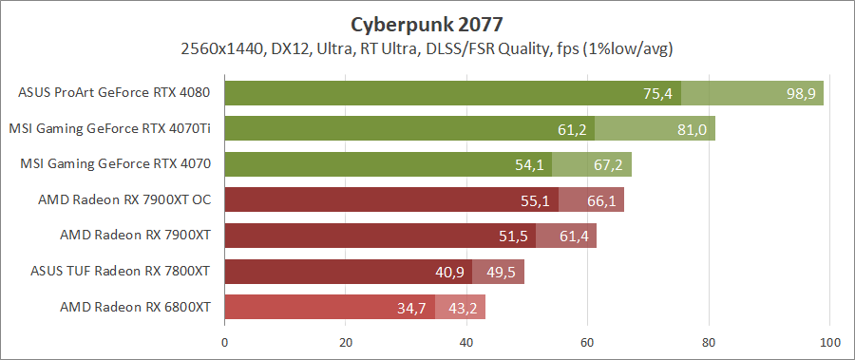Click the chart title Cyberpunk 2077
(427, 22)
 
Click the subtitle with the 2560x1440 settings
(427, 47)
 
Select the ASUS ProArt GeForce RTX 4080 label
(114, 92)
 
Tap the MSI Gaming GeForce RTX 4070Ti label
(109, 128)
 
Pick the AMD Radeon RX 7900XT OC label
(123, 199)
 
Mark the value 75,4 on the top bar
(657, 93)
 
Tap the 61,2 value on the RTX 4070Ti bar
(572, 129)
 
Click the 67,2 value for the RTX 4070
(608, 164)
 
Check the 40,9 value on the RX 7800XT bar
(450, 272)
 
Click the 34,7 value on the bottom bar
(412, 308)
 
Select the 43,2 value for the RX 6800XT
(463, 308)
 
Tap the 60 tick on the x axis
(588, 343)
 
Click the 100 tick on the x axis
(830, 343)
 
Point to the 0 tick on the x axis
(225, 343)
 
